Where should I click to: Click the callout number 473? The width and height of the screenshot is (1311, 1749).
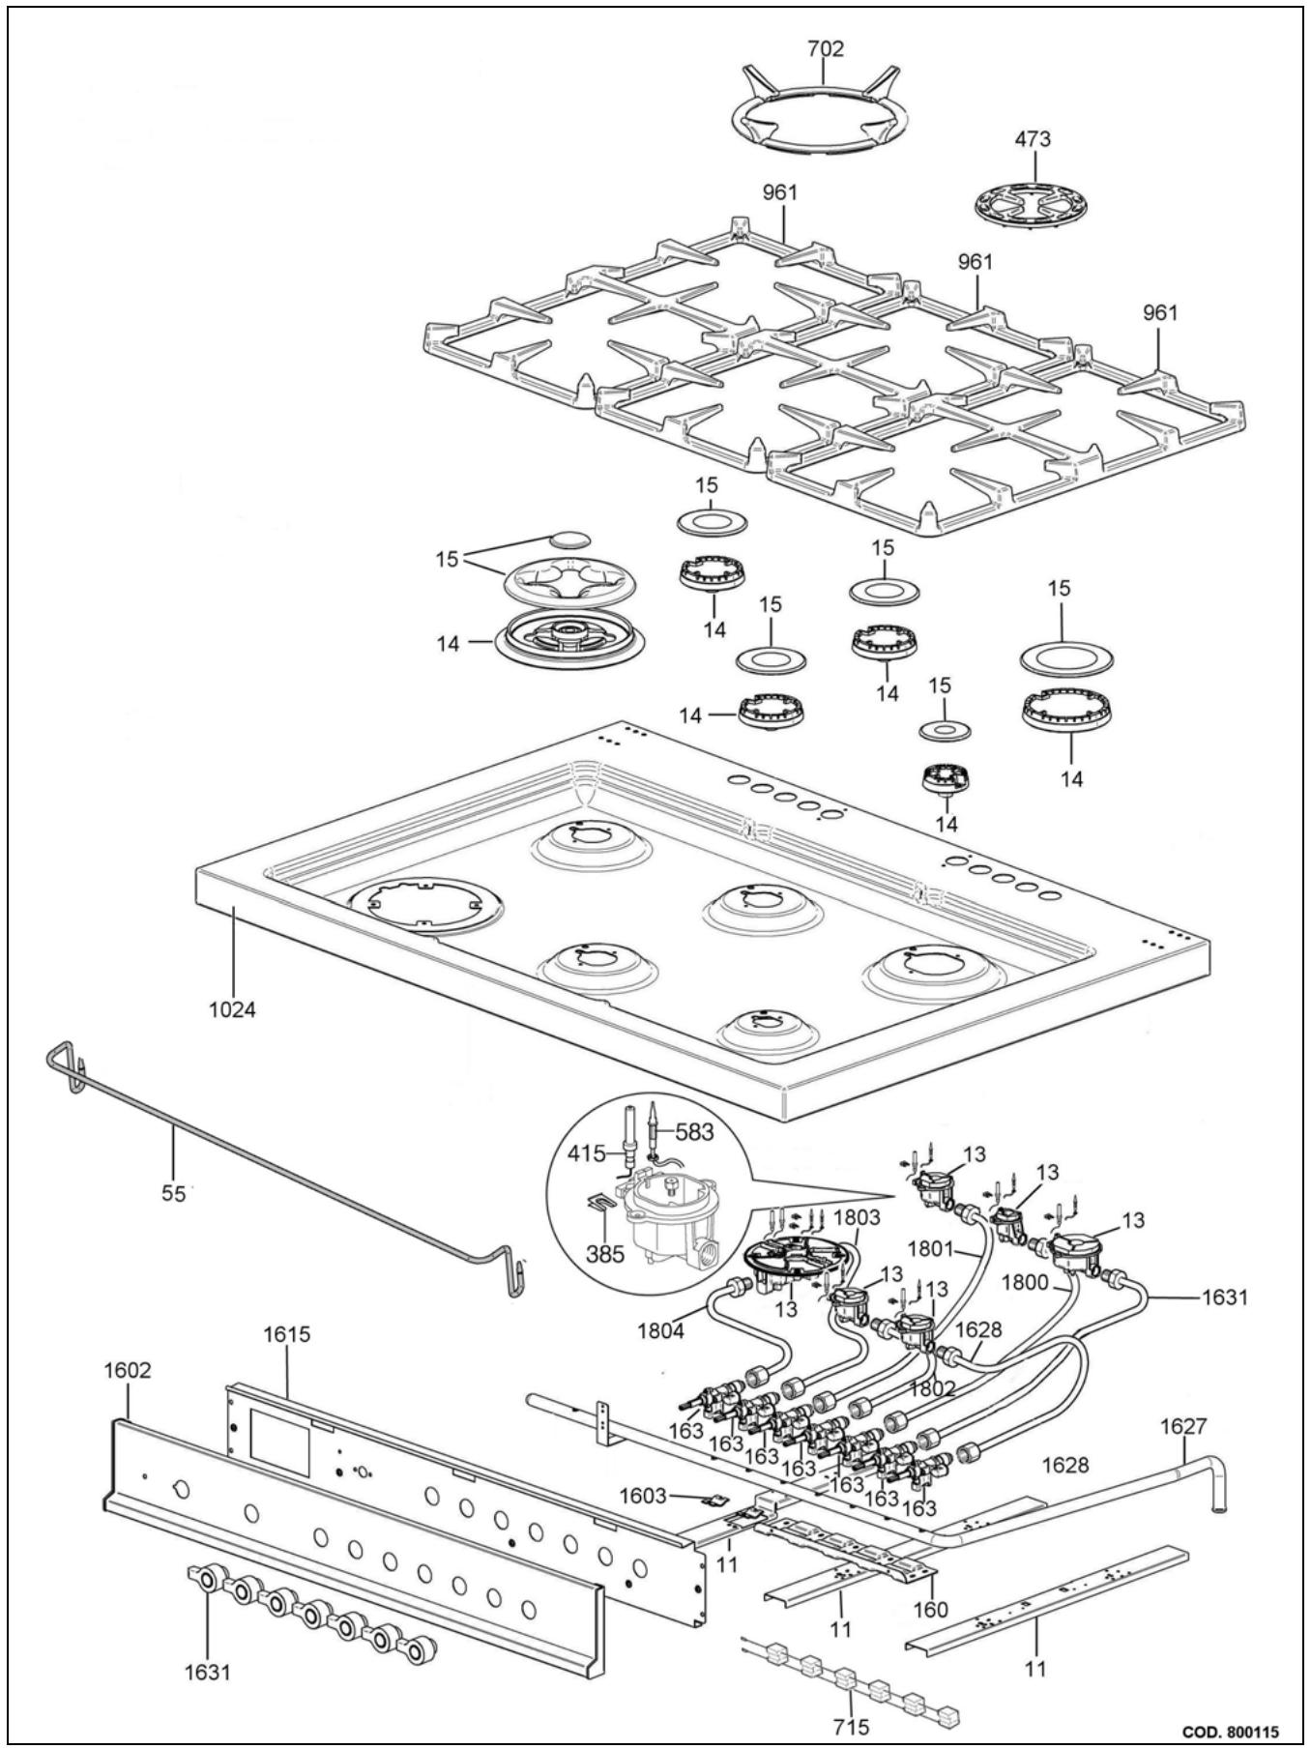click(1033, 139)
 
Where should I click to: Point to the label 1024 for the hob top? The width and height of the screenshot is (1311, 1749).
click(232, 1010)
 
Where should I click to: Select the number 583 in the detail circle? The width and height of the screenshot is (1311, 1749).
click(694, 1131)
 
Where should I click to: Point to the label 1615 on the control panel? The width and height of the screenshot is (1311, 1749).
click(287, 1334)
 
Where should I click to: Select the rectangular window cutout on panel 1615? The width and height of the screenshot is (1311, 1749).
click(280, 1442)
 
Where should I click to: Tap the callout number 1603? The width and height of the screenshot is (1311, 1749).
click(643, 1496)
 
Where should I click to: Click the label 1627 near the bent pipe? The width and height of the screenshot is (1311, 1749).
click(1184, 1425)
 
